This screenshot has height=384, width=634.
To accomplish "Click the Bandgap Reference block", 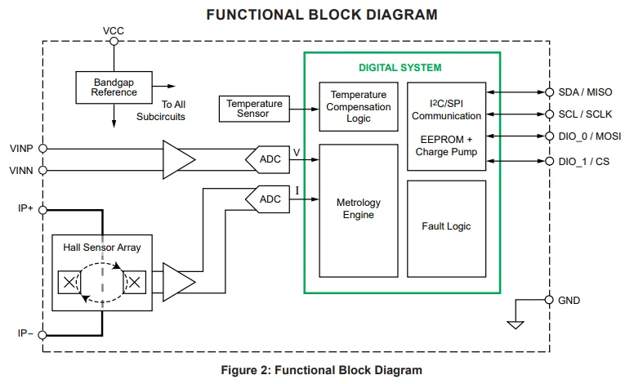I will (114, 86).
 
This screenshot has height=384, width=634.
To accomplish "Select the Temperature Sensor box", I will (254, 109).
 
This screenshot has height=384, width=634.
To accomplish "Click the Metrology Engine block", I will (358, 209).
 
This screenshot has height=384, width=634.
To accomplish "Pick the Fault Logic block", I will (446, 226).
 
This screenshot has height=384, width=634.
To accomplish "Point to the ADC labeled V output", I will (268, 159).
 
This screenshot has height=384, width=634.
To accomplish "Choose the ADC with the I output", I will (268, 199).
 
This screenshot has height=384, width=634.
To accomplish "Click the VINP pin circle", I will (43, 149).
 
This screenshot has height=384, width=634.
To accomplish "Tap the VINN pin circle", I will (43, 170).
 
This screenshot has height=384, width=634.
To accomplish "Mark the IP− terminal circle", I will (43, 333).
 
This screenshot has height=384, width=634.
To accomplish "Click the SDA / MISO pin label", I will (586, 92).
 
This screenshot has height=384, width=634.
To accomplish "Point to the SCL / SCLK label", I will (585, 114).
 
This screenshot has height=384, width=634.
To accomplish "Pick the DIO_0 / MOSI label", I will (589, 136).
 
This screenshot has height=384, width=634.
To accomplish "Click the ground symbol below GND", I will (515, 324).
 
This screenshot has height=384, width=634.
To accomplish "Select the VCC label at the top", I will (114, 31).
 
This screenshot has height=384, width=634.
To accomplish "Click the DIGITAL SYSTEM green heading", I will (400, 68).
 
